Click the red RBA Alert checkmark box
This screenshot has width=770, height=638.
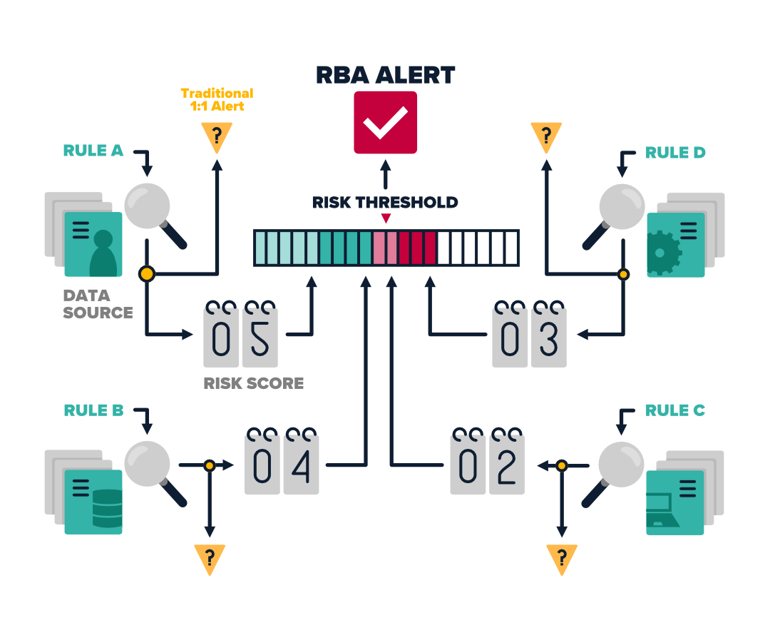386,122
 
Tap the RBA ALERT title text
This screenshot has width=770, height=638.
386,75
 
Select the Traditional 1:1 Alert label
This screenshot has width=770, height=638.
217,100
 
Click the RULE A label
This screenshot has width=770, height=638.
93,151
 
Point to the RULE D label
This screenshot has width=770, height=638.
675,153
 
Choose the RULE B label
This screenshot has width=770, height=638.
94,410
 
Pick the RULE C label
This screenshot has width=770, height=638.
675,410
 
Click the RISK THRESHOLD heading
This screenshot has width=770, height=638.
385,202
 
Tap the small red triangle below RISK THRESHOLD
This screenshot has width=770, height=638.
386,218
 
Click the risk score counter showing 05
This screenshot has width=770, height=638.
241,334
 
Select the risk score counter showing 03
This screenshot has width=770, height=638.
529,334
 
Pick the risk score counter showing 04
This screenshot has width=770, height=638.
282,461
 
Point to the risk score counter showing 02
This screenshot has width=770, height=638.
488,461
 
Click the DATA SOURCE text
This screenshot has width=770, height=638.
98,304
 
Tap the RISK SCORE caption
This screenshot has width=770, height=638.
254,383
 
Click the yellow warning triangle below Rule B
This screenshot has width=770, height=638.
210,559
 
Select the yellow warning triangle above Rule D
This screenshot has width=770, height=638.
546,137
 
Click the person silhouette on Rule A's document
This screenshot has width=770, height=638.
103,253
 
